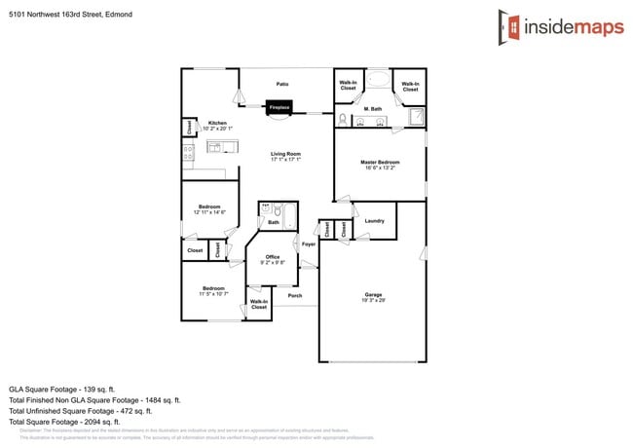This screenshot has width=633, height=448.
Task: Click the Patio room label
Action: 282,84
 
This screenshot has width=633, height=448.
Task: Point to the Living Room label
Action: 285,156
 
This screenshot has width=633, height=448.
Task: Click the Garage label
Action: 373,296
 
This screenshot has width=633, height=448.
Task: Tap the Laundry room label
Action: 374,221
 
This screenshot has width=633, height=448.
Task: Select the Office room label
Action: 273,259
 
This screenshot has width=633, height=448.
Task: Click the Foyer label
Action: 308,243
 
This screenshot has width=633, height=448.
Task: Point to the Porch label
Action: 294,295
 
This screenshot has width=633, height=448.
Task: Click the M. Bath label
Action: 373,108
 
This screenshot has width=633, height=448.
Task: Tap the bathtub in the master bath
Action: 378,81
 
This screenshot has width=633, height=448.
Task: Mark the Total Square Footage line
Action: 64,422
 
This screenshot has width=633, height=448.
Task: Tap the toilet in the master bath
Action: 343,121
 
